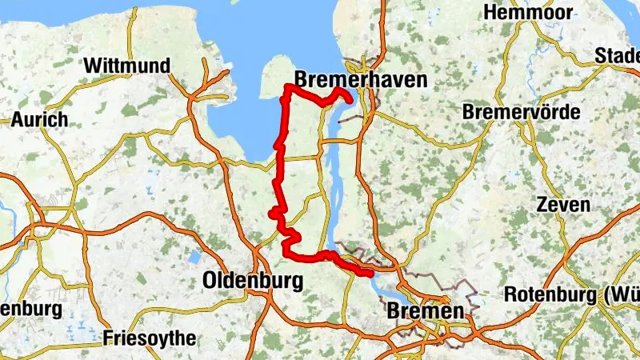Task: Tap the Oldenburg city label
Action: [253, 281]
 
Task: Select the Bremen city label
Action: [425, 311]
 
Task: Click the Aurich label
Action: [39, 120]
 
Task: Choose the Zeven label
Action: [563, 205]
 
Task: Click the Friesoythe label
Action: [149, 338]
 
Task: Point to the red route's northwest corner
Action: [287, 86]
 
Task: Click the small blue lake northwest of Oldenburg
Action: [193, 258]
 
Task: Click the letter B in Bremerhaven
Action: [302, 79]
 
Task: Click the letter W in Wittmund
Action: [93, 65]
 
